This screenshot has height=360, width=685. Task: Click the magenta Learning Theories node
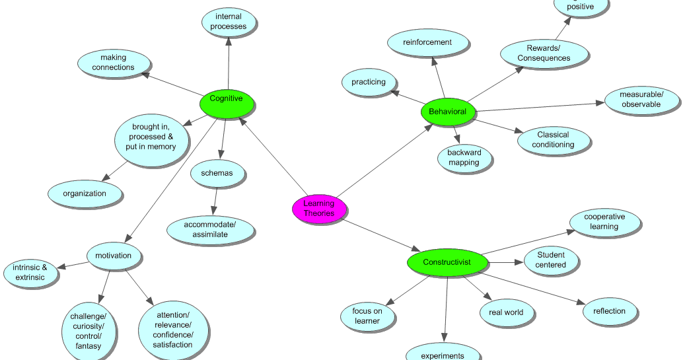pyautogui.click(x=320, y=209)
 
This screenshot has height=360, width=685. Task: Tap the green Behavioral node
pyautogui.click(x=448, y=112)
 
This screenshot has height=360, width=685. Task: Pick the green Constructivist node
pyautogui.click(x=447, y=263)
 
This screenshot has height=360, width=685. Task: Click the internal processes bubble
pyautogui.click(x=229, y=22)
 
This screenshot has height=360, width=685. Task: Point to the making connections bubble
pyautogui.click(x=114, y=63)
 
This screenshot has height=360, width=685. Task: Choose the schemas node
pyautogui.click(x=212, y=174)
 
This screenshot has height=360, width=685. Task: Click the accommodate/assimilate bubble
pyautogui.click(x=210, y=229)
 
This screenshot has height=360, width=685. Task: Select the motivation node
pyautogui.click(x=114, y=256)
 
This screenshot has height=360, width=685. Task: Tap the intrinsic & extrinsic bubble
pyautogui.click(x=30, y=272)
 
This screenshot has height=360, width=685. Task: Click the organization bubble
pyautogui.click(x=85, y=194)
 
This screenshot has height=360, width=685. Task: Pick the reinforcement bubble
pyautogui.click(x=428, y=43)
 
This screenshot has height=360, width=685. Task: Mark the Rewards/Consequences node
pyautogui.click(x=544, y=54)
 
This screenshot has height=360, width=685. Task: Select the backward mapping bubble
pyautogui.click(x=464, y=157)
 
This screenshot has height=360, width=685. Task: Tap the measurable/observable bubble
pyautogui.click(x=641, y=100)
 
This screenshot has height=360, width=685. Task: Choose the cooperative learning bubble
pyautogui.click(x=604, y=222)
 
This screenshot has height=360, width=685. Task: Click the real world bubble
pyautogui.click(x=506, y=312)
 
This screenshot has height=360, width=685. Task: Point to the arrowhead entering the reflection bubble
pyautogui.click(x=581, y=303)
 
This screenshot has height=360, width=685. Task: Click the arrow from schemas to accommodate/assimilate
pyautogui.click(x=215, y=201)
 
